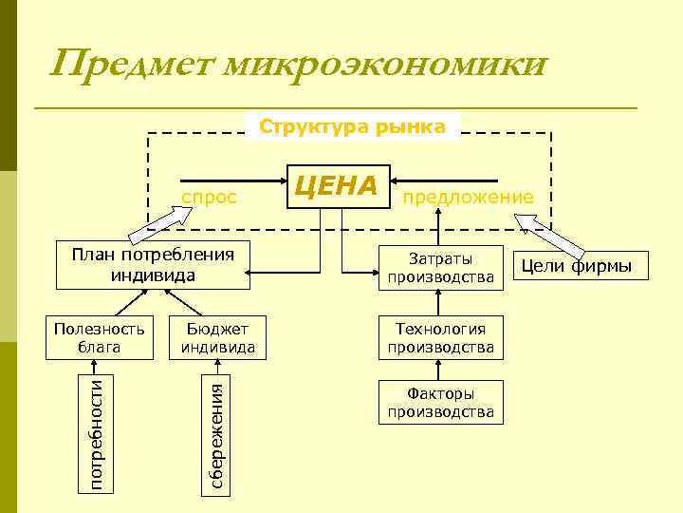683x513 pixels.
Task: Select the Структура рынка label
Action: (x=352, y=126)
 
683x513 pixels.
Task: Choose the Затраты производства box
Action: (x=440, y=267)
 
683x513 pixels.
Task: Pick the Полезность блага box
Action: (x=99, y=337)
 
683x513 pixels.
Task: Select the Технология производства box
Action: (x=440, y=337)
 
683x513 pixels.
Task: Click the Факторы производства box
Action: (x=440, y=402)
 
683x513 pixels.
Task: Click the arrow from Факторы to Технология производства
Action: (x=440, y=370)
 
